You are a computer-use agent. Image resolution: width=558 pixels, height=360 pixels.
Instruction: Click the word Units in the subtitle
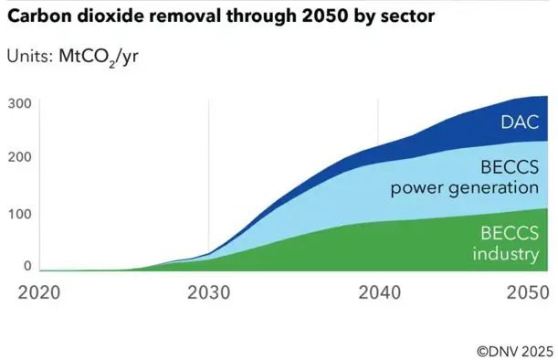tap(28, 56)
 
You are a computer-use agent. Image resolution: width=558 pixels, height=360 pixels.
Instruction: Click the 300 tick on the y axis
tap(21, 103)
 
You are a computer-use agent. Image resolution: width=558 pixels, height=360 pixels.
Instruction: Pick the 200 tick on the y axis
tap(21, 158)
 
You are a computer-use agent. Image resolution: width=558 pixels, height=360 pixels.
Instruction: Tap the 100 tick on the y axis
tap(21, 214)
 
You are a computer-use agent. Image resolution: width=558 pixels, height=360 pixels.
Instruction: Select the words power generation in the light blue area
tap(465, 189)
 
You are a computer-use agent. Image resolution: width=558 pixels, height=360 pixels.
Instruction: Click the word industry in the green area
tap(505, 253)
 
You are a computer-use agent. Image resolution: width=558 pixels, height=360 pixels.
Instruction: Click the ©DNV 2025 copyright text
tap(514, 348)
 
